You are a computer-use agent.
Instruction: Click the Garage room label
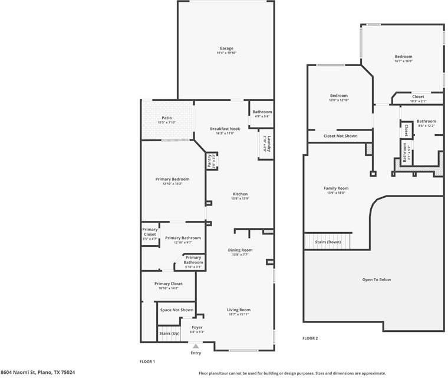[226, 48]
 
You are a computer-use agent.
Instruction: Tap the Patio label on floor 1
[167, 118]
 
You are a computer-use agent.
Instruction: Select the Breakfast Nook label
[225, 129]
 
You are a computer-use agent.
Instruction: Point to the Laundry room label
[268, 144]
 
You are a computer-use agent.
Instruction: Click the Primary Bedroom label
[173, 180]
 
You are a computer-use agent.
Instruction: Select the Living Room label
[239, 309]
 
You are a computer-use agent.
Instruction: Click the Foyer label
[197, 327]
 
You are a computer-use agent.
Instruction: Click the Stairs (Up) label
[169, 334]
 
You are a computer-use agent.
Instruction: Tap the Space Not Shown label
[177, 310]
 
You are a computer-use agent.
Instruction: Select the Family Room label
[336, 188]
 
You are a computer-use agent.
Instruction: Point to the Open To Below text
[376, 279]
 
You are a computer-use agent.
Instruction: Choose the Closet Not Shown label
[340, 136]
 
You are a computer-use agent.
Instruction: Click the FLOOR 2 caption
[310, 338]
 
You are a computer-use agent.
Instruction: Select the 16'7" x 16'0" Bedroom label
[403, 57]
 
